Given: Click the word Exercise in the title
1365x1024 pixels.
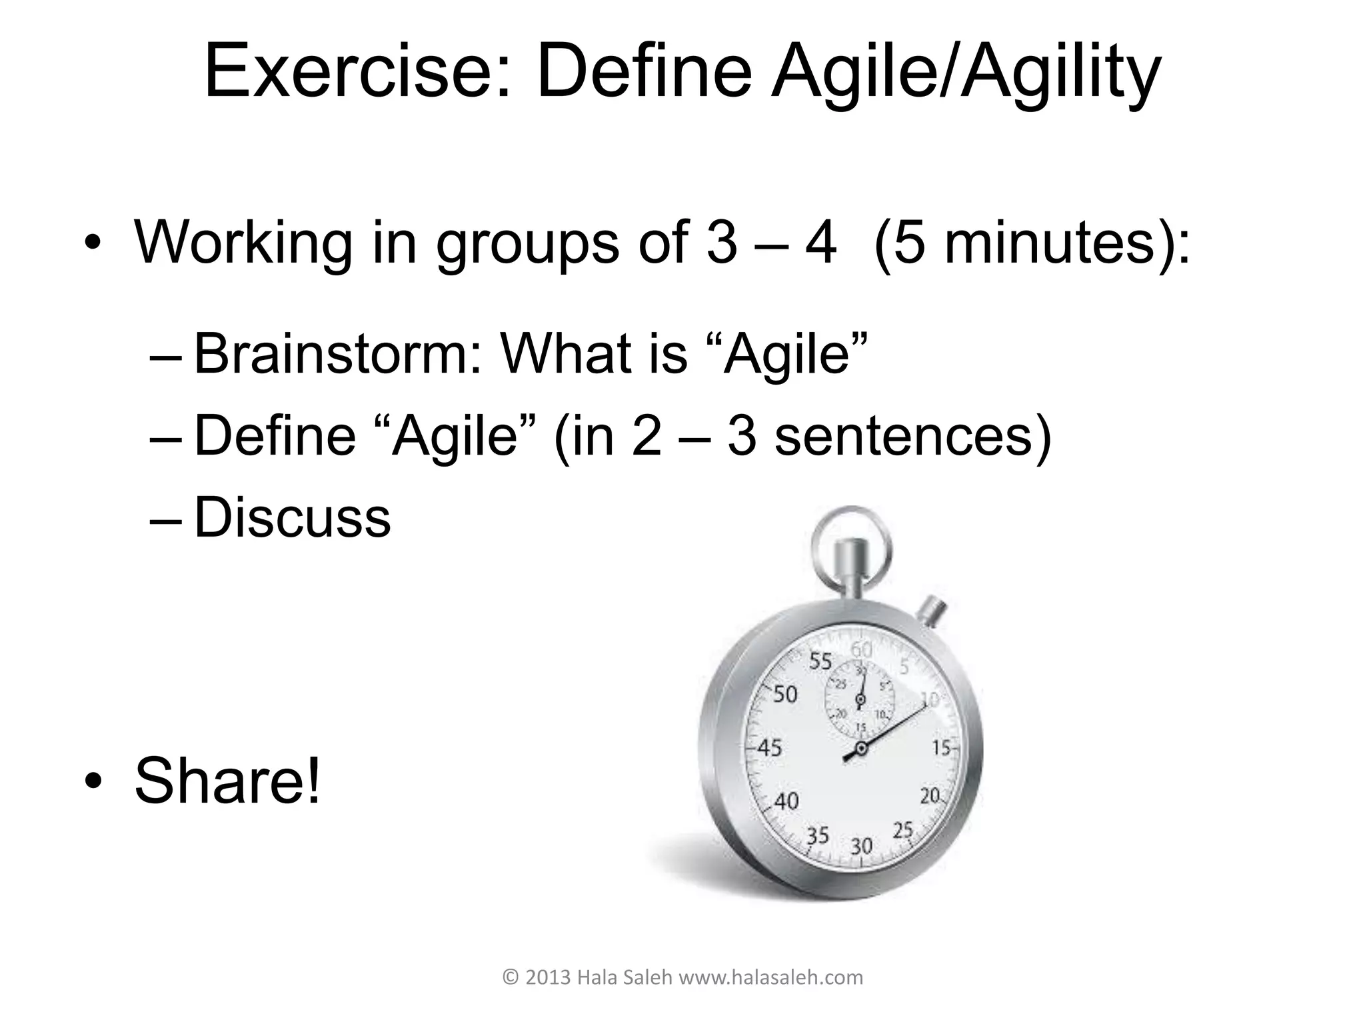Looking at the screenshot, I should [x=357, y=72].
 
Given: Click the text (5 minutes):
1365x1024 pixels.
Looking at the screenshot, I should [x=1030, y=243].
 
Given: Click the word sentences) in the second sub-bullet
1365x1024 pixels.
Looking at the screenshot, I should [x=913, y=436].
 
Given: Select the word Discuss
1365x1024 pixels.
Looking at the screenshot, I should [x=292, y=518].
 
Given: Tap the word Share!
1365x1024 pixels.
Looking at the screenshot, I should [x=228, y=780].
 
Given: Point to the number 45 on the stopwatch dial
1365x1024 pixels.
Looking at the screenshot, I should [x=769, y=748].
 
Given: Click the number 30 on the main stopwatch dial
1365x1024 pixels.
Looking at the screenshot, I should [x=861, y=846].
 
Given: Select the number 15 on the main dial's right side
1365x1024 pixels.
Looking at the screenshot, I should [x=940, y=748].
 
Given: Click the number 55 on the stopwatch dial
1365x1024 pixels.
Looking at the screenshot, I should [x=820, y=661].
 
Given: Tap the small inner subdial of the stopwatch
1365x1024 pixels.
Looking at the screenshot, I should [x=860, y=699].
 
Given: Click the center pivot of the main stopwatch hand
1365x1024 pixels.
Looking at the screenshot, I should [x=860, y=749].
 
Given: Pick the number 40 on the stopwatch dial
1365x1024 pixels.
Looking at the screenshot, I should [x=786, y=801].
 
